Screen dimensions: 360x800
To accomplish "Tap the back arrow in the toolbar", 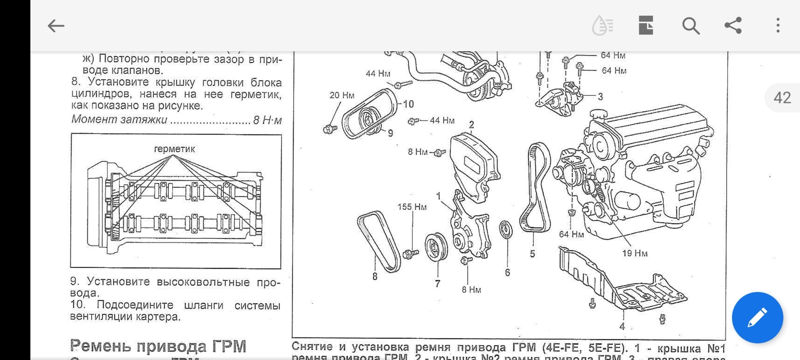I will point(56,26).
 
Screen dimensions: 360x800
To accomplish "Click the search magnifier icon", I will point(690,26).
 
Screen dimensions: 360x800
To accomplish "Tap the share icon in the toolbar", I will point(733,25).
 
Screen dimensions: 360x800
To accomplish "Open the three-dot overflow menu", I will point(777,25).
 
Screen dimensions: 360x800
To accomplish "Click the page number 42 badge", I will point(782,97).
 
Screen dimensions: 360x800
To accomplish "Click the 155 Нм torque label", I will point(412,207).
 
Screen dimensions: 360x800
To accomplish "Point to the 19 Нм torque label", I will point(635,253).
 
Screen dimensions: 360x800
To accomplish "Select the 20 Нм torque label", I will point(342,95).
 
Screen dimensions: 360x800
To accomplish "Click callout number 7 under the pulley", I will point(437,284).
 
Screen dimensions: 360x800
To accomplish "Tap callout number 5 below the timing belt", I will point(532,253).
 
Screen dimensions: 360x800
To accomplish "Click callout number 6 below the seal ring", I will point(507,272).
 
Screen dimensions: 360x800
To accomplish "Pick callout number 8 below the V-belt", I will point(375,276).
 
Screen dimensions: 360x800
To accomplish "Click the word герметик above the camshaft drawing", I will point(174,149).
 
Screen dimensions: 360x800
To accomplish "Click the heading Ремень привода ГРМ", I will point(158,346).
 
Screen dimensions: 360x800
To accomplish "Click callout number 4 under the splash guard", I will point(622,326).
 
